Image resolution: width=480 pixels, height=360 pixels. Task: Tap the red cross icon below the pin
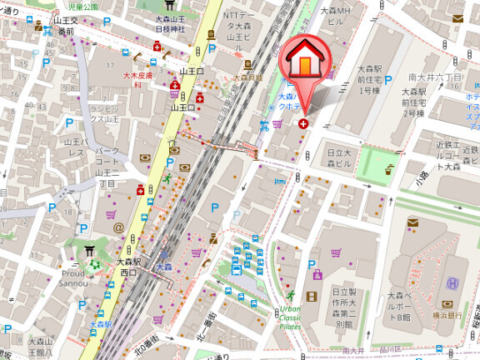pyautogui.click(x=302, y=123)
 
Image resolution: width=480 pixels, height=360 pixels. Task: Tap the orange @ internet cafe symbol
pyautogui.click(x=118, y=227)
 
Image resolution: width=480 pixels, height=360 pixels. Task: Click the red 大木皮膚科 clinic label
pyautogui.click(x=133, y=79)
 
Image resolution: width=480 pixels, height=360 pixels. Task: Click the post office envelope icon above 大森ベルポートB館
pyautogui.click(x=413, y=222)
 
